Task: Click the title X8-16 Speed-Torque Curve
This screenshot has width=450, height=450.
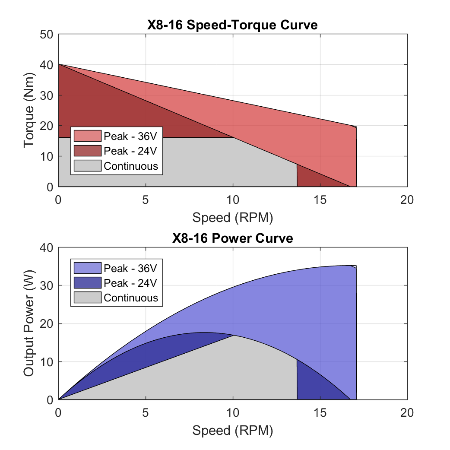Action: [232, 25]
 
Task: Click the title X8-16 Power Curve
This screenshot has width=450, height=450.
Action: [232, 238]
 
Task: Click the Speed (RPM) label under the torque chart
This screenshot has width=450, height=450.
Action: [233, 218]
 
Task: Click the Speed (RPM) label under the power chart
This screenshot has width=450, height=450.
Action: [233, 431]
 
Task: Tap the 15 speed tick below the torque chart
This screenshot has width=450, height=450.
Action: [320, 200]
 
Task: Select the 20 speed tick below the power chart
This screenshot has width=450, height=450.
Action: [407, 413]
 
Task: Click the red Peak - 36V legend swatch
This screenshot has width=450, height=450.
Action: [87, 136]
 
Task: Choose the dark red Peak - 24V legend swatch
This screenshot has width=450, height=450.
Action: [87, 151]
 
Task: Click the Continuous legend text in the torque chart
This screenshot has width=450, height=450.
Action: [131, 166]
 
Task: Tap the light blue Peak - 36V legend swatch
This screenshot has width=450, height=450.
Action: [87, 268]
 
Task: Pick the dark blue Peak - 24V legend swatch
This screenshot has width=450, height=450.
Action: [87, 283]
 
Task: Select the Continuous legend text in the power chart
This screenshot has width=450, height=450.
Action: [131, 298]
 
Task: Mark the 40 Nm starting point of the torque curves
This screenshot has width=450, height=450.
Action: [59, 64]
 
